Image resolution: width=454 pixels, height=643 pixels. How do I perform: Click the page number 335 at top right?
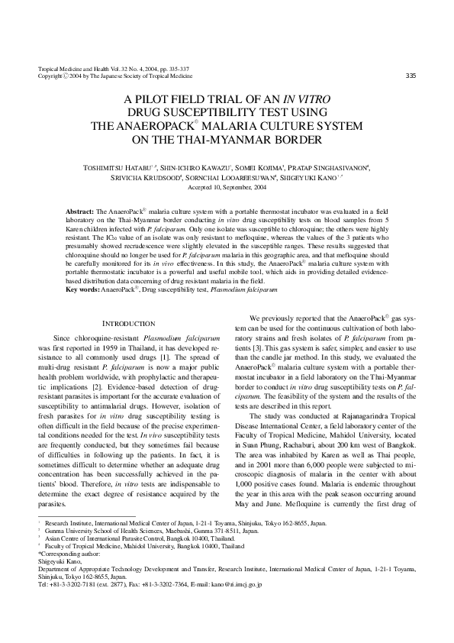[x=410, y=75]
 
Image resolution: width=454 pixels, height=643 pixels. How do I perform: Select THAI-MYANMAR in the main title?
[x=253, y=140]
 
